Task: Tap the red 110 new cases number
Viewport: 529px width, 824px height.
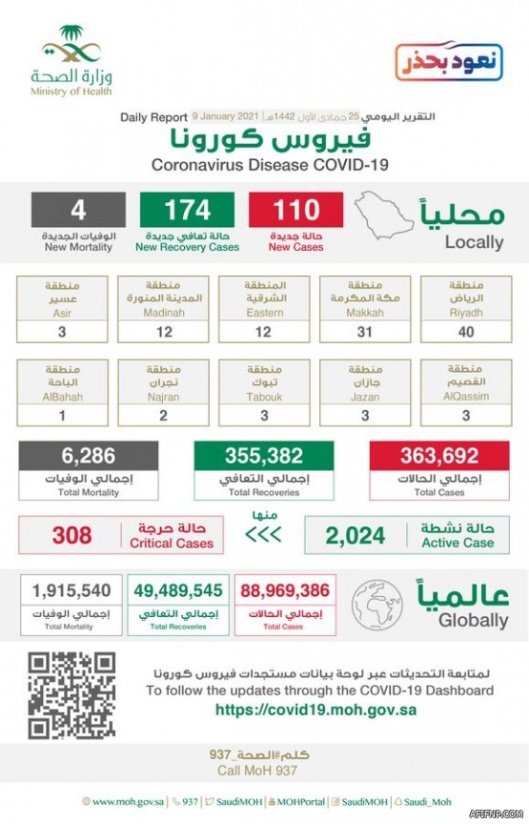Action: click(296, 209)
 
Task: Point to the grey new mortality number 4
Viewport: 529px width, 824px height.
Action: click(79, 209)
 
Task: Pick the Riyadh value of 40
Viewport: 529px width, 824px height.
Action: click(465, 333)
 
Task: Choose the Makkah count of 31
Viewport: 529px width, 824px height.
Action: click(365, 333)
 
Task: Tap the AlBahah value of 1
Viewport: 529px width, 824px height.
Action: click(62, 417)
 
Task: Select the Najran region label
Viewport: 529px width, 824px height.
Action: click(163, 382)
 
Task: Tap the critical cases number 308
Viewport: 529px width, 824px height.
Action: click(71, 536)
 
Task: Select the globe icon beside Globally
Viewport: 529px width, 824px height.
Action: click(377, 605)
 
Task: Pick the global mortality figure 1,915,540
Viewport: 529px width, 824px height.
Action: click(71, 592)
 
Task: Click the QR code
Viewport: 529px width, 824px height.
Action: click(71, 695)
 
